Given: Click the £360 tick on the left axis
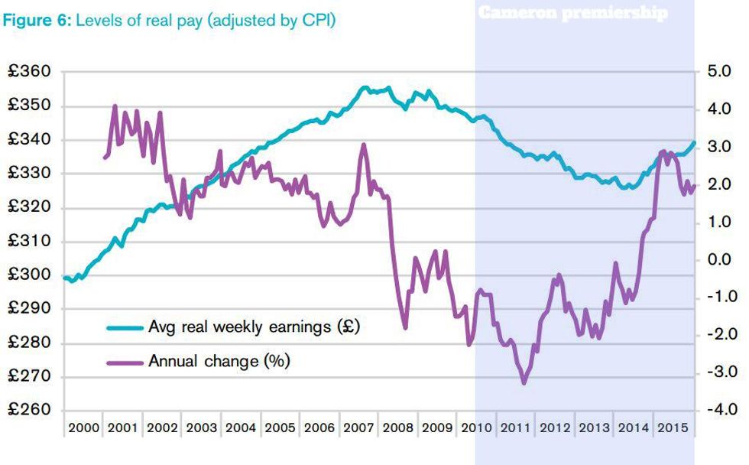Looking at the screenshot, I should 29,72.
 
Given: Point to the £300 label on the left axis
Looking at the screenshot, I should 29,275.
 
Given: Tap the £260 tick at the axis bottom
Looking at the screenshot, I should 29,411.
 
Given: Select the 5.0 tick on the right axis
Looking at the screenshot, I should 720,72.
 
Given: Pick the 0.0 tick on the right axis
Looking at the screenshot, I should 720,260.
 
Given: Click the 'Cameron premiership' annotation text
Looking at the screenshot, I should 572,13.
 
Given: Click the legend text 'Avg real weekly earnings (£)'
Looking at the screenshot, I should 254,327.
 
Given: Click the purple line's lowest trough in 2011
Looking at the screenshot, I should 524,382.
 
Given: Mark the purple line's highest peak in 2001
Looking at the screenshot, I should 115,106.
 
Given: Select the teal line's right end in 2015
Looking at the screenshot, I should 695,141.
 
